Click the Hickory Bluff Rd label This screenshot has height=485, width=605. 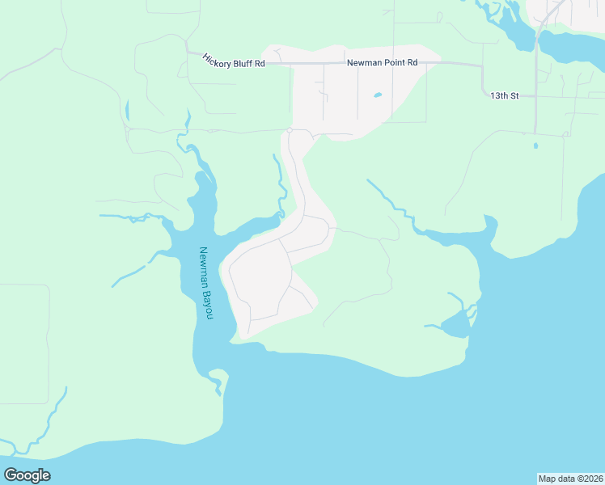point(234,61)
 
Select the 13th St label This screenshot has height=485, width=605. point(501,95)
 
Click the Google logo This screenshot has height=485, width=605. point(27,474)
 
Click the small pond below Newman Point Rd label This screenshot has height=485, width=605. point(378,95)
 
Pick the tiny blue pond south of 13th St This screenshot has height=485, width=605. point(535,146)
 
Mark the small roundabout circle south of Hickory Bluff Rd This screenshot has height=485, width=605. point(289,129)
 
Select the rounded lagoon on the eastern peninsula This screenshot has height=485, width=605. point(455,324)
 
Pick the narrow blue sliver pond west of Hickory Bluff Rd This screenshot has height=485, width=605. point(127,111)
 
